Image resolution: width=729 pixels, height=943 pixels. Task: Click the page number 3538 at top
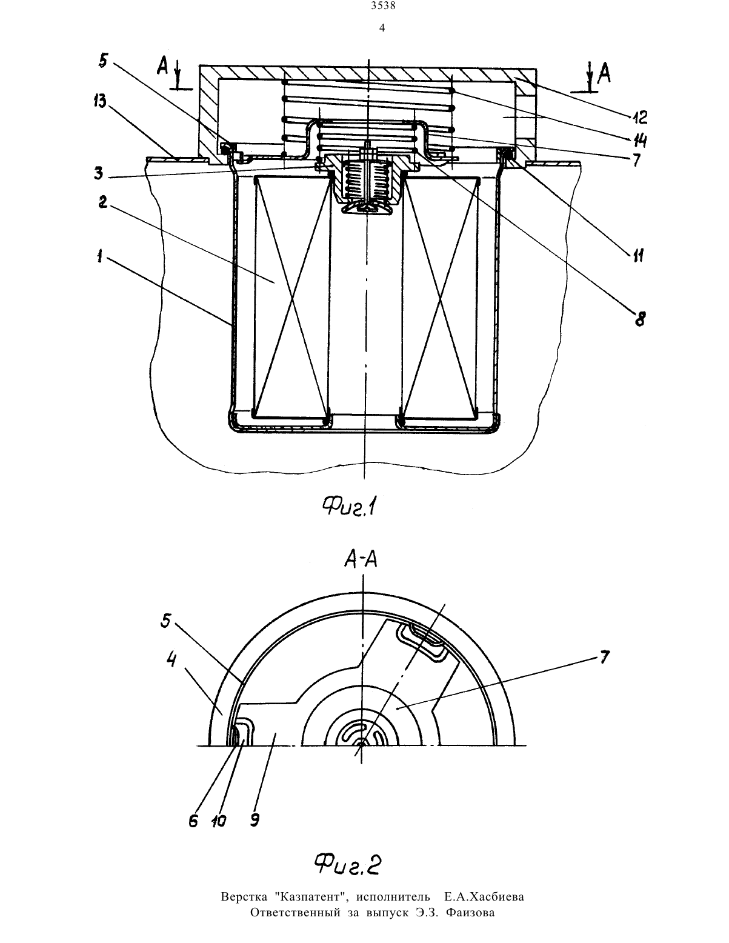point(384,6)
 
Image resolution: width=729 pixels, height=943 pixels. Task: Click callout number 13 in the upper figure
point(100,103)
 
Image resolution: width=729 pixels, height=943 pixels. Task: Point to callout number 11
point(637,256)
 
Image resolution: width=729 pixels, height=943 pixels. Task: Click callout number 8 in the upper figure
point(640,319)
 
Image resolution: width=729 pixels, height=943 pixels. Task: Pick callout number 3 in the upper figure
point(99,173)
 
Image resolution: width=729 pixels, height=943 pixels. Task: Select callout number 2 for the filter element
point(103,202)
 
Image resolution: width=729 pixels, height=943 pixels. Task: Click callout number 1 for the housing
point(100,257)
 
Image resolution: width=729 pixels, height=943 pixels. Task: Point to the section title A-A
point(361,560)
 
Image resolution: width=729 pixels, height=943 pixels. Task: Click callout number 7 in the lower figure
point(604,657)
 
